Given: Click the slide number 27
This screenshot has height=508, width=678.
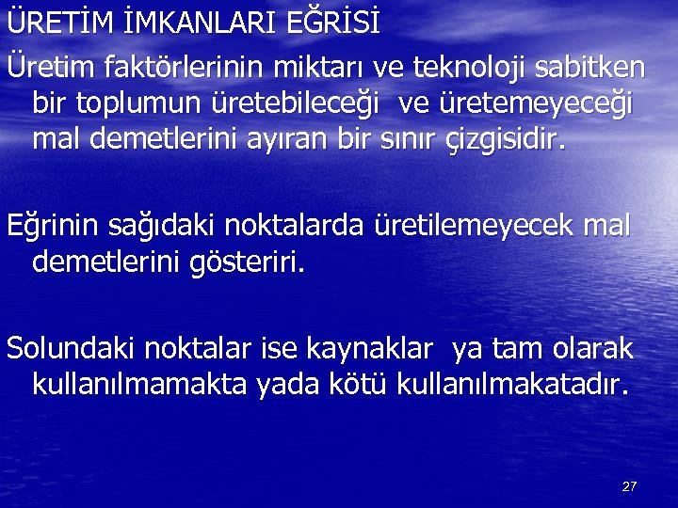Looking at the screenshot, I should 630,486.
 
